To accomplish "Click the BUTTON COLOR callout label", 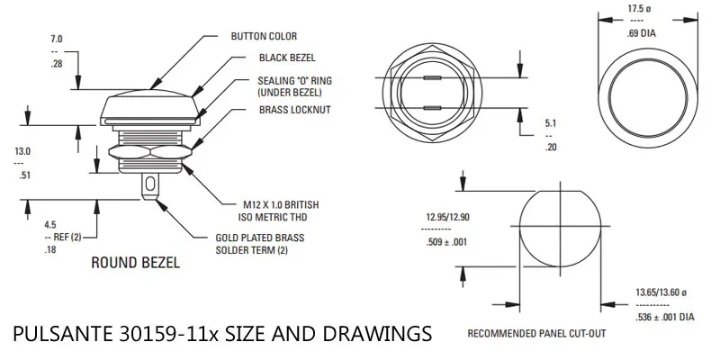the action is pyautogui.click(x=264, y=36).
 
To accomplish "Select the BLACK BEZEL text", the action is pyautogui.click(x=287, y=58).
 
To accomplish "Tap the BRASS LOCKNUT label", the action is pyautogui.click(x=295, y=110).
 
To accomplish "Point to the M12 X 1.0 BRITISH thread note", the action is pyautogui.click(x=281, y=205).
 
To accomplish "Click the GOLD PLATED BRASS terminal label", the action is pyautogui.click(x=260, y=238).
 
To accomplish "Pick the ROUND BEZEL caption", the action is pyautogui.click(x=136, y=263).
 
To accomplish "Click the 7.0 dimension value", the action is pyautogui.click(x=57, y=40).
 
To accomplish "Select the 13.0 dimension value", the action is pyautogui.click(x=22, y=151).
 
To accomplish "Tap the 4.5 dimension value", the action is pyautogui.click(x=50, y=225).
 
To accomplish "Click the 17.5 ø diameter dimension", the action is pyautogui.click(x=639, y=9).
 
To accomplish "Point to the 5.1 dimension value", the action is pyautogui.click(x=551, y=123).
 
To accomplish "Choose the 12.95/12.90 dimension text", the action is pyautogui.click(x=447, y=217).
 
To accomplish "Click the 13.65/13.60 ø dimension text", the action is pyautogui.click(x=661, y=292).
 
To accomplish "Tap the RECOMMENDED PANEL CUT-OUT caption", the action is pyautogui.click(x=536, y=334).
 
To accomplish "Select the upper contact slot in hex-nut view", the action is pyautogui.click(x=433, y=78).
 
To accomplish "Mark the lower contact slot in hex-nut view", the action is pyautogui.click(x=433, y=108).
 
